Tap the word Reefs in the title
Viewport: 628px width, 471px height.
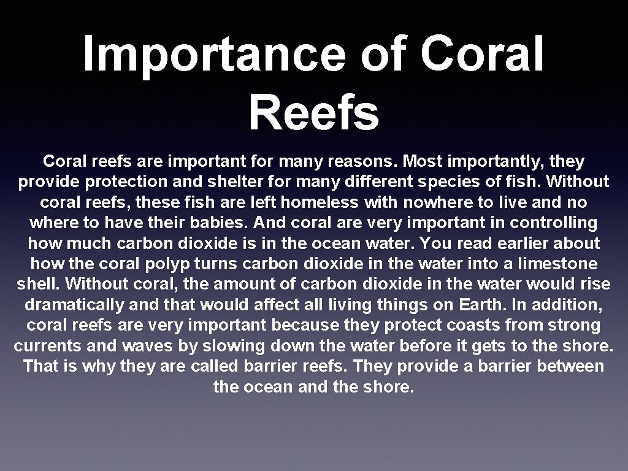(314, 113)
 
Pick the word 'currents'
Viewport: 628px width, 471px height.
(48, 346)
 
